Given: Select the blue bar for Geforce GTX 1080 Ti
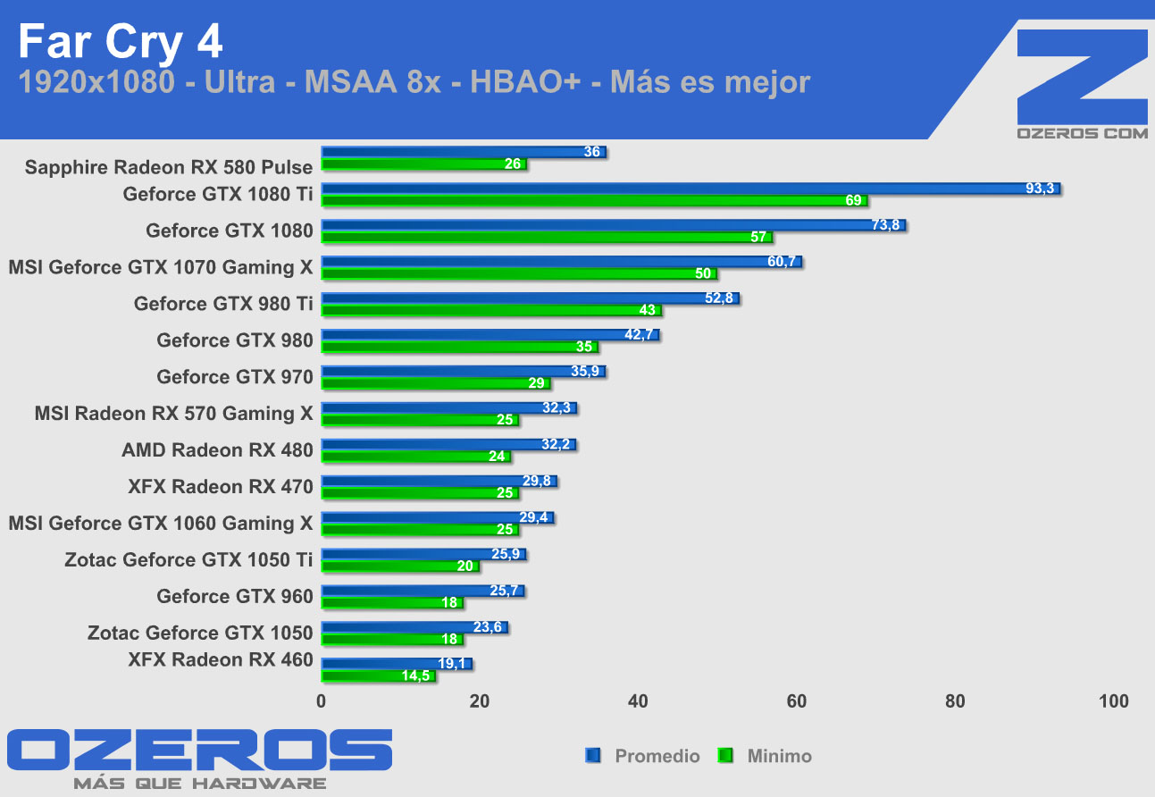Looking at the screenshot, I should (x=690, y=189).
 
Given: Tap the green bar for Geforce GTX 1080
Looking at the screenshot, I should (x=547, y=238).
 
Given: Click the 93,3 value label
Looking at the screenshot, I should (x=1040, y=189).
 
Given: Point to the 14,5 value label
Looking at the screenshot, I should (x=415, y=676).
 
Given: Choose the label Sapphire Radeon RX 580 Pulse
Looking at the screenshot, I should (x=169, y=167).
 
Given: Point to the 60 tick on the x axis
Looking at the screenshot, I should (x=797, y=701).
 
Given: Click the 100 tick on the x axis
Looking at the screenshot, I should (x=1113, y=701).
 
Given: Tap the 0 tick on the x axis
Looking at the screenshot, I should (x=322, y=701).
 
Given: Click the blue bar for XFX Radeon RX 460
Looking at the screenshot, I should (x=396, y=664).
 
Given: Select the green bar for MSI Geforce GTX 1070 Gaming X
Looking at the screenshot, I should (x=518, y=274).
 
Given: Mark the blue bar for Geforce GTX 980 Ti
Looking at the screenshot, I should (x=530, y=298).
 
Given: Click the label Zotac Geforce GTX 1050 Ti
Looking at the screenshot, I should (x=188, y=560).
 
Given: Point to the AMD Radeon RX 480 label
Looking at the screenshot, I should (x=217, y=450).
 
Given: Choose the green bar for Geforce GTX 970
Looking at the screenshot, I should (x=436, y=383).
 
